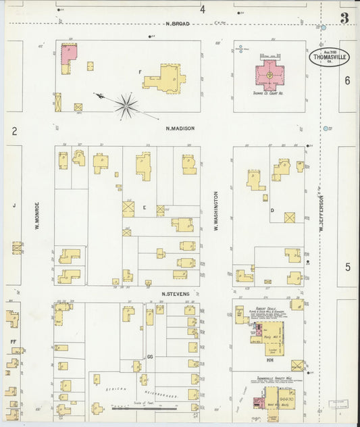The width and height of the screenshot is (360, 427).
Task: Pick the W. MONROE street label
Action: [38, 216]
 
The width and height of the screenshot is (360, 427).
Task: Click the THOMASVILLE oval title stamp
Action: [327, 57]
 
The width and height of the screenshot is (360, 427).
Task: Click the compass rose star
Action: [126, 104]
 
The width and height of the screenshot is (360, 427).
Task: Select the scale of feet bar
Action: [143, 408]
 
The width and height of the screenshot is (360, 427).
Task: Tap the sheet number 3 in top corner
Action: [344, 18]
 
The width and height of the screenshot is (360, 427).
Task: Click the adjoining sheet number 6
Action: [348, 80]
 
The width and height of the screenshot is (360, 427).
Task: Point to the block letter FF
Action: [13, 342]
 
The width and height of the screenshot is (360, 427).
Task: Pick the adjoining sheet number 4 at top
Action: [202, 9]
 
